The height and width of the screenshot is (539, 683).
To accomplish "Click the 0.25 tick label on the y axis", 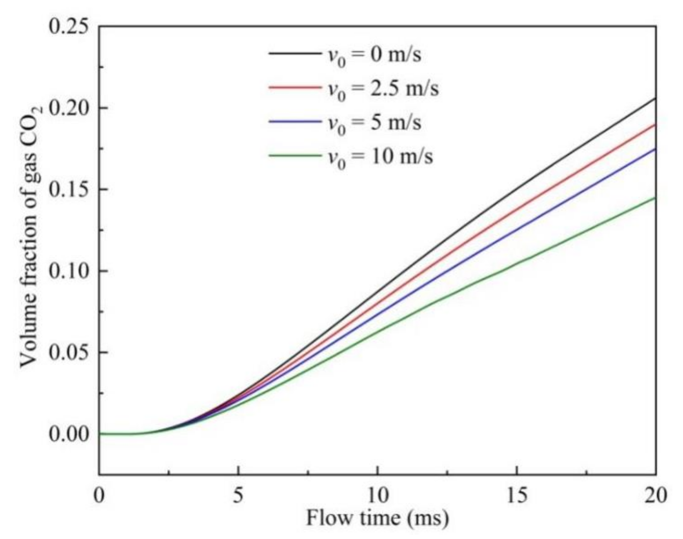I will click(x=69, y=26).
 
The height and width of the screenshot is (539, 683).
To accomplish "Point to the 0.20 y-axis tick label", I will click(x=69, y=108).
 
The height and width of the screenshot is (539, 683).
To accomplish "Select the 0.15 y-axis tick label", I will click(x=69, y=189).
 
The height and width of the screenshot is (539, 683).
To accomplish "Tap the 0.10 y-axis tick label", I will click(x=69, y=271).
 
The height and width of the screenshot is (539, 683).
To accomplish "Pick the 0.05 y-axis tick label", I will click(x=69, y=352).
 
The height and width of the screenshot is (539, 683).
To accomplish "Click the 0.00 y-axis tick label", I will click(x=69, y=434).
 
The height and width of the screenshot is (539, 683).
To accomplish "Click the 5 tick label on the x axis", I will click(x=238, y=496).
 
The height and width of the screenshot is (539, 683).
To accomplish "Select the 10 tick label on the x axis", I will click(x=377, y=496).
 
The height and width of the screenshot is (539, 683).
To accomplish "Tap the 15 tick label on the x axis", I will click(x=517, y=496).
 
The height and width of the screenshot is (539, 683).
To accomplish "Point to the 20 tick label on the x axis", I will click(x=656, y=496).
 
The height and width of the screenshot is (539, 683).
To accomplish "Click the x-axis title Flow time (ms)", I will click(x=377, y=518).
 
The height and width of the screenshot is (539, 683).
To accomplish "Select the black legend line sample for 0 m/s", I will click(x=294, y=53).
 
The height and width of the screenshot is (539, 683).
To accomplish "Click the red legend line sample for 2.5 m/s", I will click(x=294, y=88).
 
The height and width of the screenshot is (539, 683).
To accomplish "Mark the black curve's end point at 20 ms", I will click(x=655, y=98).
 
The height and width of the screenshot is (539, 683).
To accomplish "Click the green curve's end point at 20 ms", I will click(x=655, y=198).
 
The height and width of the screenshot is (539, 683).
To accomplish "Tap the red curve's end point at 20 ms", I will click(x=655, y=124).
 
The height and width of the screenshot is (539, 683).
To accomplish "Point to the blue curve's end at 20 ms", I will click(x=655, y=149).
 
